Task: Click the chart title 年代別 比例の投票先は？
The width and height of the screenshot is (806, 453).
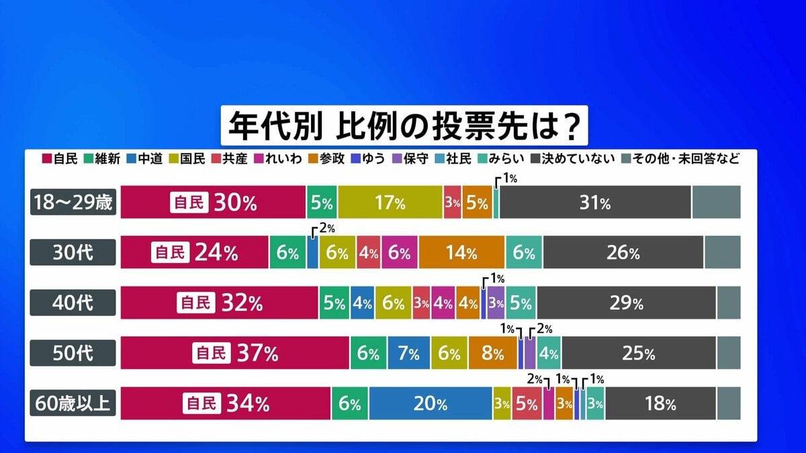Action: pos(404,125)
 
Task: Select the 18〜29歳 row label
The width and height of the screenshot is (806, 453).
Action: pos(74,202)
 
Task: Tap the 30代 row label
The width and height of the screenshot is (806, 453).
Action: pos(74,252)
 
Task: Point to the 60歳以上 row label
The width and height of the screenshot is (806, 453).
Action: pos(74,403)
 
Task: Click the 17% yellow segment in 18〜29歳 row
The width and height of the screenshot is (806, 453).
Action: pos(390,202)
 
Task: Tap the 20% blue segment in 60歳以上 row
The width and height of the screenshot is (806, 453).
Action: pos(431,403)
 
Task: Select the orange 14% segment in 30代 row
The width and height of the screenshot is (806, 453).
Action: pos(461,252)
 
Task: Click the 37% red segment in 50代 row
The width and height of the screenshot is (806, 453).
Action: pos(235,353)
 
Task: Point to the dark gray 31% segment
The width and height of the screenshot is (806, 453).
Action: pos(595,202)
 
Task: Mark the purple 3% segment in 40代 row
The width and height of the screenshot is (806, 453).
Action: pos(496,303)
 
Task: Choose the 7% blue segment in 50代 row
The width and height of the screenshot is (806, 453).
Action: pos(408,353)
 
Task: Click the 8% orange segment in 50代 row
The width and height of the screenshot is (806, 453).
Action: pos(492,353)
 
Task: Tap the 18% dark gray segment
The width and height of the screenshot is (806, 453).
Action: pos(660,403)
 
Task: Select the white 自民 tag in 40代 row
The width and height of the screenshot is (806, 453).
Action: pos(193,303)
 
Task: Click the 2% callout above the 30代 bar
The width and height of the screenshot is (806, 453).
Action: pos(326,229)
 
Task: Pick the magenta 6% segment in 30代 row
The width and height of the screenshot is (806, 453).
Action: pos(399,252)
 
